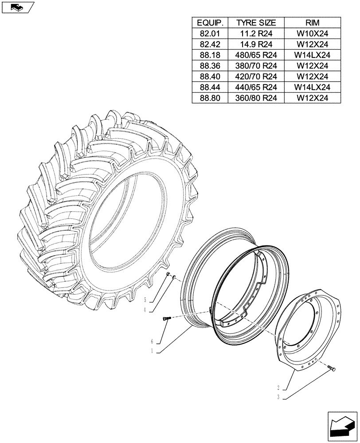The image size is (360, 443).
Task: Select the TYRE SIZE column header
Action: point(256,23)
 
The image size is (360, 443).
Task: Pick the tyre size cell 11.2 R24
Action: point(256,34)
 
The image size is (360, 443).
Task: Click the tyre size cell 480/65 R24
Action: point(256,55)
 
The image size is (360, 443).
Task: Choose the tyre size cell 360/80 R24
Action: point(256,98)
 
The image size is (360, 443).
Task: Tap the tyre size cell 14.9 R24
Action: point(256,44)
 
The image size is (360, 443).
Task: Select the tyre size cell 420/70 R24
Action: point(256,77)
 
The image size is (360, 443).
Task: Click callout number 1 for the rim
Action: point(152,350)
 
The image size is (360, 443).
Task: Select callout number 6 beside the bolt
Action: point(152,342)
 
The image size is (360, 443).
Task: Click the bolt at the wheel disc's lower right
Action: point(333,368)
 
